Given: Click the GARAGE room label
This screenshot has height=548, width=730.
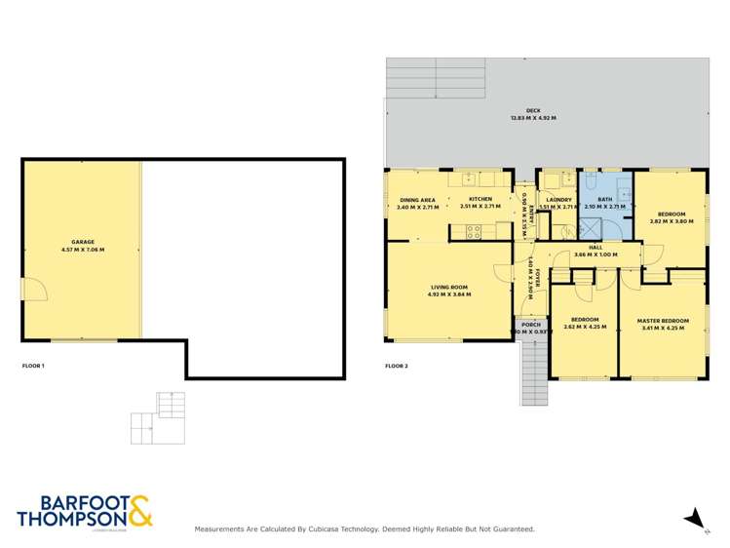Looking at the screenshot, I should click(x=82, y=242).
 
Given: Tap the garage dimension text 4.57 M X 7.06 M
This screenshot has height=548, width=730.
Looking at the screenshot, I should click(x=82, y=250).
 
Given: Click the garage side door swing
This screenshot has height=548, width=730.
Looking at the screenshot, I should click(x=32, y=289).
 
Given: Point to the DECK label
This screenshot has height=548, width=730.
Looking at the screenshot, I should click(x=533, y=111).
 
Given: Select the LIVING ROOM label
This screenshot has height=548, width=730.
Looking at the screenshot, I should click(x=448, y=287).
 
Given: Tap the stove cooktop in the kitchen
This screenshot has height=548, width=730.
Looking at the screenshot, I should click(x=473, y=231).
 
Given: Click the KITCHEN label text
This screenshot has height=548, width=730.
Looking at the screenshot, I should click(x=480, y=199).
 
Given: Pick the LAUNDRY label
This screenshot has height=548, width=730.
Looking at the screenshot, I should click(x=558, y=199).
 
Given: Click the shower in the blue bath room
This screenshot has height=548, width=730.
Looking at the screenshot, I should click(x=590, y=228).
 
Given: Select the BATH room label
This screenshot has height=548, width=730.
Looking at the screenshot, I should click(x=604, y=199).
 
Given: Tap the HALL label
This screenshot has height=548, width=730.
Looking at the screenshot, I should click(x=596, y=248).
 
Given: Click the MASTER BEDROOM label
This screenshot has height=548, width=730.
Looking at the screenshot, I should click(x=663, y=320).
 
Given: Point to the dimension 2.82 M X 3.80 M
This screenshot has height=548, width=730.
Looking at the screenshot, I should click(x=672, y=221).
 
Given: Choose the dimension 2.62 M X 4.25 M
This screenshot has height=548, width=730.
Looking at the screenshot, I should click(x=585, y=328).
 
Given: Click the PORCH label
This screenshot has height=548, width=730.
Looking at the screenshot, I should click(x=531, y=325).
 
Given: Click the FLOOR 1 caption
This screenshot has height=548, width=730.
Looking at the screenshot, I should click(x=33, y=366).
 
